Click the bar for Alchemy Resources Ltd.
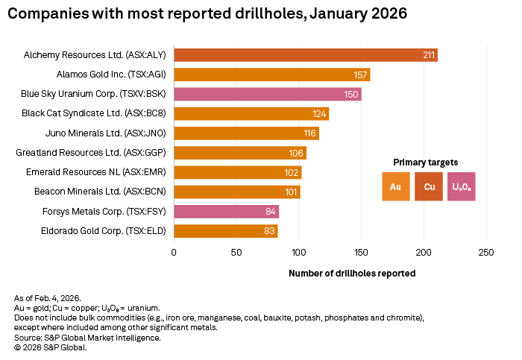[x=306, y=55]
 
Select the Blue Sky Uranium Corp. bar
[x=267, y=94]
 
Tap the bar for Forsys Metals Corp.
[x=226, y=212]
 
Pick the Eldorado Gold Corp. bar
[x=225, y=231]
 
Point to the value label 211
[x=429, y=55]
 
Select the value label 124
[x=320, y=114]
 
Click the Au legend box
[x=395, y=186]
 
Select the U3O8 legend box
[x=461, y=186]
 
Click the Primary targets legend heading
[x=425, y=162]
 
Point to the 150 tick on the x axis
[x=361, y=252]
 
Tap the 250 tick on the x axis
[x=486, y=252]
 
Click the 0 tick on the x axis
[x=174, y=252]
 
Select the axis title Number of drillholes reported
[x=351, y=274]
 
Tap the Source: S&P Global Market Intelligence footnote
[x=87, y=338]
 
